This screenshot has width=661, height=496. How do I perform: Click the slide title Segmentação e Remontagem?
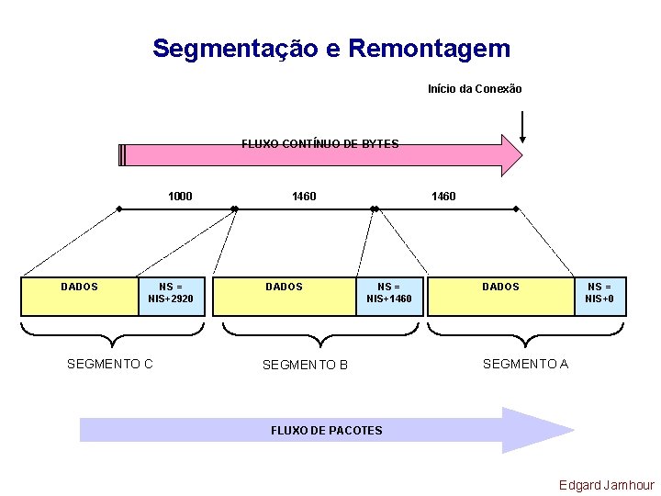point(330,48)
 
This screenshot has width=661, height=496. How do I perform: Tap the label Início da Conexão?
point(475,89)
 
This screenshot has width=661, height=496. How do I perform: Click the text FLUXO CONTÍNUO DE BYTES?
point(319,144)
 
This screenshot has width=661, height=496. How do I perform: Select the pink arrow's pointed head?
point(510,154)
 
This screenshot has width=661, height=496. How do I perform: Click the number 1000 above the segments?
point(180,196)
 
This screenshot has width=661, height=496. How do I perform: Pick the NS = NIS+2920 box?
point(171,296)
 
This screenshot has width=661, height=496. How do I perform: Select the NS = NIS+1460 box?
point(389,296)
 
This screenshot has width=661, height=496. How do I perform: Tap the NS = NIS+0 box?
point(601,296)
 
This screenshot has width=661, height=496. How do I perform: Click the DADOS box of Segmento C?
point(79,296)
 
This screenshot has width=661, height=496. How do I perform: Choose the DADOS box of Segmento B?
point(285,296)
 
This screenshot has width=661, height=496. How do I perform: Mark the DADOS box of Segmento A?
point(501,296)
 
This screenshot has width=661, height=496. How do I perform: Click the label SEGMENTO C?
point(110,364)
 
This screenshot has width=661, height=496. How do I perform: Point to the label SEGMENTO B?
point(305,365)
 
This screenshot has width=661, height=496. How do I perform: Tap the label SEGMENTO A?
point(525,364)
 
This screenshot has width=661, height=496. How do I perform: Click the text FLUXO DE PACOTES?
point(327,430)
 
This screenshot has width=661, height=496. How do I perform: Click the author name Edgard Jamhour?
point(607,485)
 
